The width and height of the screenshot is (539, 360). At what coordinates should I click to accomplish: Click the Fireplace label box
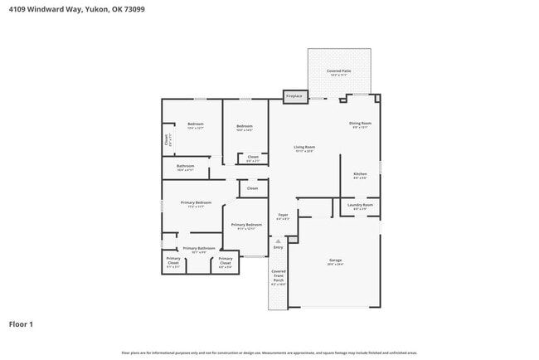[294, 96]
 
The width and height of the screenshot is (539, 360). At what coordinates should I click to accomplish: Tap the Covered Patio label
[338, 73]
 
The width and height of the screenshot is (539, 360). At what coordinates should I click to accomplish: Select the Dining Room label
[360, 124]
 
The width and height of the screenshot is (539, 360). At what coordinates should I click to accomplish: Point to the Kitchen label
[360, 175]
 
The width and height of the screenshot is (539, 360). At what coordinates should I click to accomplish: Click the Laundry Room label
[361, 206]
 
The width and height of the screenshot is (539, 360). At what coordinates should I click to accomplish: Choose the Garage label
[335, 262]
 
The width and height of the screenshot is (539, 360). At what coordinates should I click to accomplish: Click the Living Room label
[304, 148]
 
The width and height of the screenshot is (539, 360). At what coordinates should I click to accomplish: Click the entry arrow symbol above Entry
[278, 241]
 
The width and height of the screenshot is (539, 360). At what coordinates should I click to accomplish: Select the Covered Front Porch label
[278, 277]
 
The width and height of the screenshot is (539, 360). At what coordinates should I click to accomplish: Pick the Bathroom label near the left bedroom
[185, 167]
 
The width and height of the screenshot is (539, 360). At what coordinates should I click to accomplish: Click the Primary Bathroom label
[199, 249]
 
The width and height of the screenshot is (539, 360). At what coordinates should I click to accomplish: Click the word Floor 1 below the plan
[21, 324]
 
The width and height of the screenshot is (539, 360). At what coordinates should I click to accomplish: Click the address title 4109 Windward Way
[68, 9]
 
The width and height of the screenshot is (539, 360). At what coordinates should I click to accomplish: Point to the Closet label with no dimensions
[252, 188]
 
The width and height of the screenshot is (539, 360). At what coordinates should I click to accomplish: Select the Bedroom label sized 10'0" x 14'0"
[245, 127]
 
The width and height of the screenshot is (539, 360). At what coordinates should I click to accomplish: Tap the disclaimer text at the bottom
[269, 353]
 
